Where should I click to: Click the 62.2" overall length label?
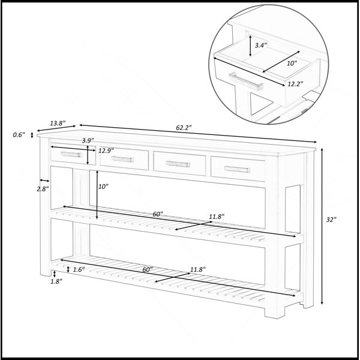click(184, 128)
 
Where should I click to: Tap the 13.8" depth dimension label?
click(58, 123)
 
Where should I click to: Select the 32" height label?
click(331, 220)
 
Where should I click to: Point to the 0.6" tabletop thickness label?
click(19, 135)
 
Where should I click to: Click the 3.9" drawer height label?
click(88, 140)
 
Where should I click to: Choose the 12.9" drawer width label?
click(106, 151)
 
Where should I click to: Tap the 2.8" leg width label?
click(43, 189)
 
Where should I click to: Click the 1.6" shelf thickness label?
click(79, 269)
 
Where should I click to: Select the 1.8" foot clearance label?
click(56, 281)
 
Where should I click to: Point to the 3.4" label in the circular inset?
click(261, 45)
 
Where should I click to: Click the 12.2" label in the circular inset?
click(295, 84)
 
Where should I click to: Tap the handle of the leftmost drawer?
click(71, 154)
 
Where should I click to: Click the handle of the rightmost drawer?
click(237, 169)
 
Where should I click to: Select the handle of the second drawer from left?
click(122, 159)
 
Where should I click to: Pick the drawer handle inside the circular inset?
click(246, 82)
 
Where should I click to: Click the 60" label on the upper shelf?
click(158, 214)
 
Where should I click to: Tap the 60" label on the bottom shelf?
click(148, 269)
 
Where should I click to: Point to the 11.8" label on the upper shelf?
click(217, 217)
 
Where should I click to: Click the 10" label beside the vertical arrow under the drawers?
click(103, 187)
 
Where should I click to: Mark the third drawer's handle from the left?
click(178, 164)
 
